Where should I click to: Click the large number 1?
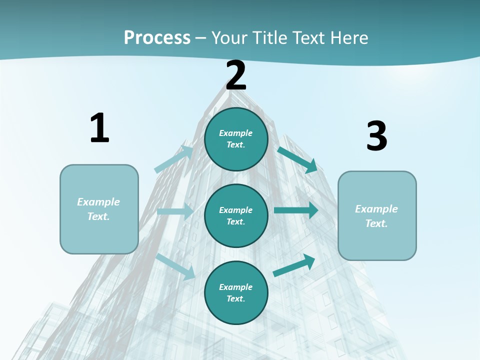[99, 128]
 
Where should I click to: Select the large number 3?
[376, 136]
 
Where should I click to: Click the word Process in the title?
[157, 37]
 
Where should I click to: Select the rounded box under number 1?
[99, 209]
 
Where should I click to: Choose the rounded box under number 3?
[377, 215]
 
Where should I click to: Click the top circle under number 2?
[236, 139]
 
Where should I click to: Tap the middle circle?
[236, 215]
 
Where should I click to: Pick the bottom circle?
[236, 292]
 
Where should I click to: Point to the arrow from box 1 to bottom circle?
[175, 266]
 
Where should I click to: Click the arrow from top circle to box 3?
[297, 159]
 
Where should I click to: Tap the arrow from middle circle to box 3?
[296, 210]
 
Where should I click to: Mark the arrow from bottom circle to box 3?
[294, 265]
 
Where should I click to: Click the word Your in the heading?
[228, 37]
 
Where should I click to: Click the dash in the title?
[201, 38]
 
